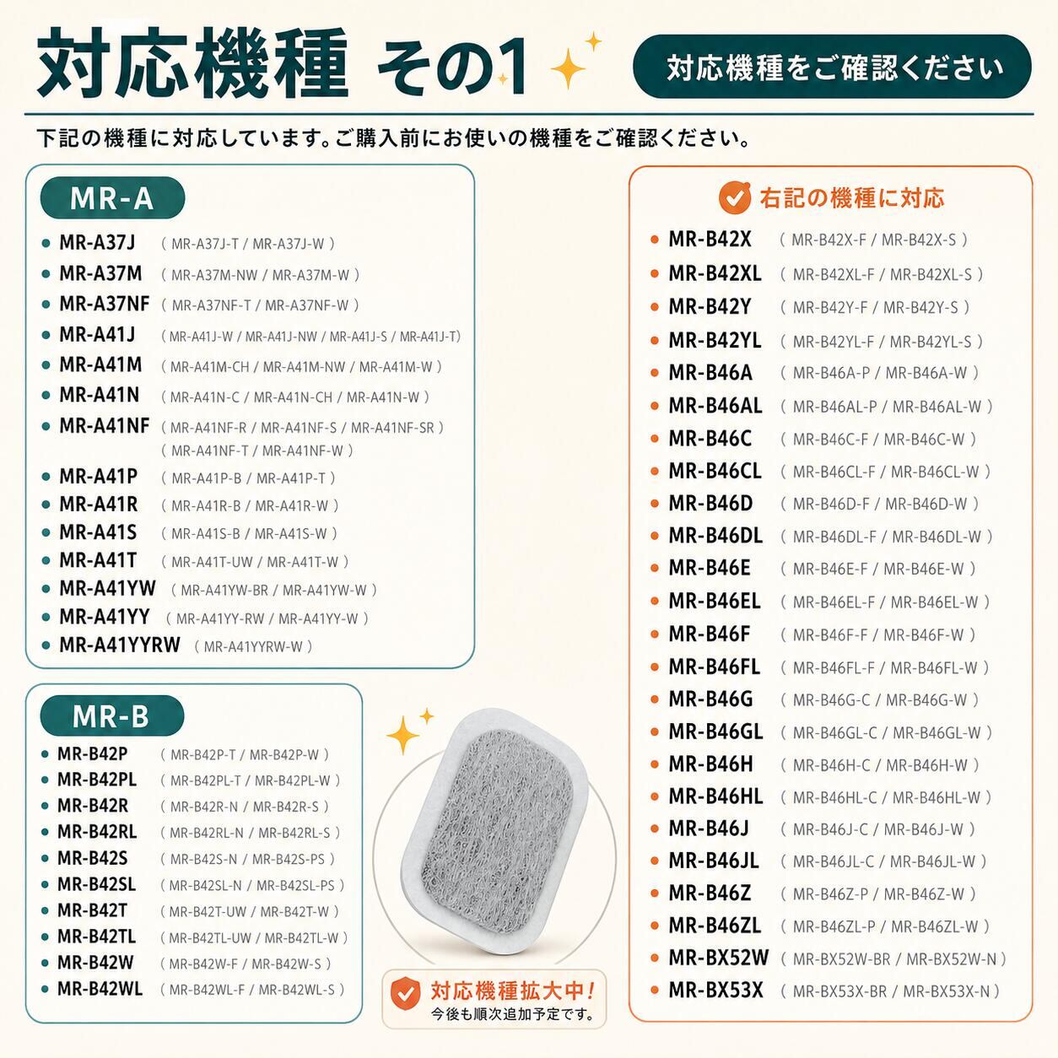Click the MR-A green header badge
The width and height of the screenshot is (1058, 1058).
point(112,198)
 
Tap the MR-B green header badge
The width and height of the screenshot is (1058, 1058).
point(112,716)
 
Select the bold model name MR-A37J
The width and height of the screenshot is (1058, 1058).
point(97,243)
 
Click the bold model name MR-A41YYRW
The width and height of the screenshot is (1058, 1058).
point(120,645)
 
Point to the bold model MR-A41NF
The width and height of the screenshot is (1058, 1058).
point(105,425)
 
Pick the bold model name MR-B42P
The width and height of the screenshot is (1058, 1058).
point(92,753)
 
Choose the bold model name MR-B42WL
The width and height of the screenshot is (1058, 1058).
point(100,989)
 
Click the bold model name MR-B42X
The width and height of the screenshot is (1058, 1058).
point(710,240)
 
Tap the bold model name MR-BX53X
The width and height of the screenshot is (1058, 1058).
point(716,990)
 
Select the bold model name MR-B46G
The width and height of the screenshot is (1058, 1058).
point(710,699)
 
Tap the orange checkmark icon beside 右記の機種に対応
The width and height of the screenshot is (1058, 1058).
point(734,197)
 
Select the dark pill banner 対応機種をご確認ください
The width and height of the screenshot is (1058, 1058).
point(832,67)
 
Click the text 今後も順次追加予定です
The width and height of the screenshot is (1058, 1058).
point(513,1014)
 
